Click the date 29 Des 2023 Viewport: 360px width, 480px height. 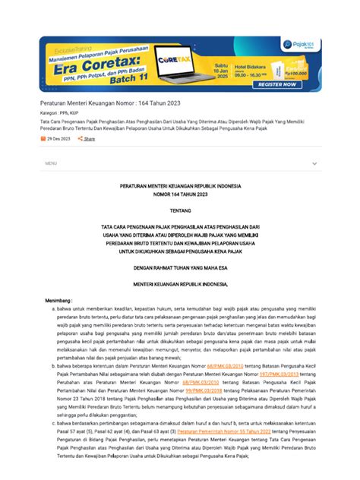[x=58, y=139]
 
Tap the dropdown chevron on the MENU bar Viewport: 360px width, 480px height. [x=314, y=163]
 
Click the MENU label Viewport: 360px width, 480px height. [x=51, y=163]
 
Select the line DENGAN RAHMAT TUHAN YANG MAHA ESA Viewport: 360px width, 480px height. [x=180, y=266]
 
